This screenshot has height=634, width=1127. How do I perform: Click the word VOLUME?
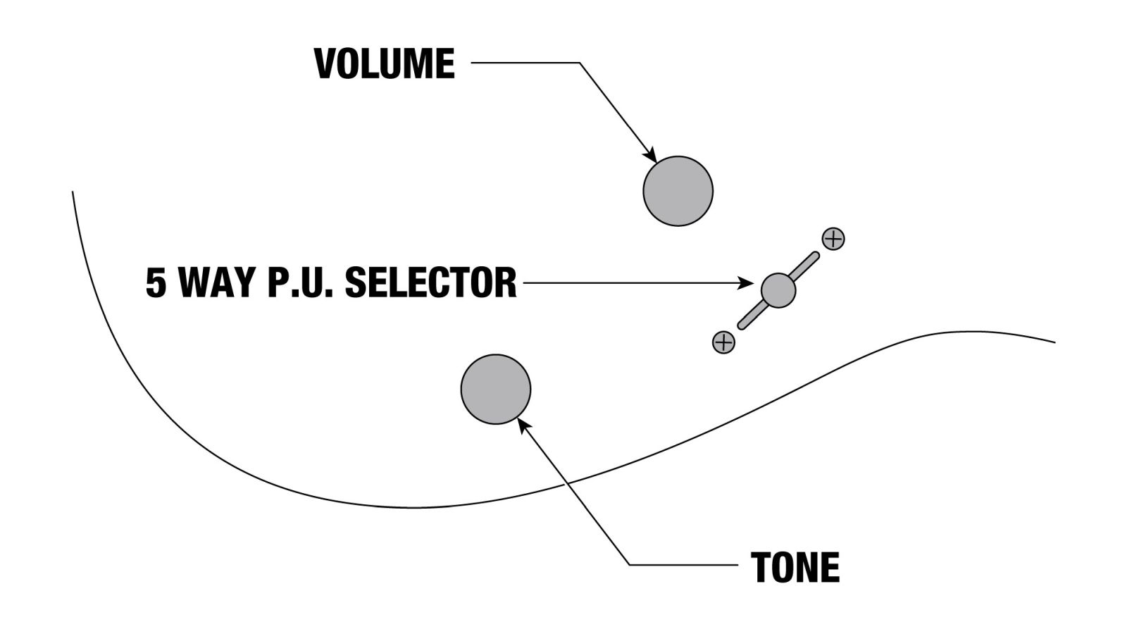385,63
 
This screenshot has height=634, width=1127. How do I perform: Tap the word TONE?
795,567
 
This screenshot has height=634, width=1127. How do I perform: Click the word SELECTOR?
430,282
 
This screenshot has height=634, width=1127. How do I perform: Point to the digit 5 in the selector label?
156,282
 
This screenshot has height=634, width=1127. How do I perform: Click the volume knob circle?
678,191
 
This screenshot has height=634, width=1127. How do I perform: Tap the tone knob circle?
495,389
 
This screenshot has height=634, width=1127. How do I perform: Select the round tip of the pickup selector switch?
778,290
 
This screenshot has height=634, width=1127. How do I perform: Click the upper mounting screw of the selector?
833,239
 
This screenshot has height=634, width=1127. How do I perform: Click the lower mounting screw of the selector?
723,342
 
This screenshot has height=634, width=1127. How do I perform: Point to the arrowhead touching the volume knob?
651,156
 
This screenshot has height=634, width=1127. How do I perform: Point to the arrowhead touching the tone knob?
523,423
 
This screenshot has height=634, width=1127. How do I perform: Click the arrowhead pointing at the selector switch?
747,283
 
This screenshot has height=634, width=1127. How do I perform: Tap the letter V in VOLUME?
325,63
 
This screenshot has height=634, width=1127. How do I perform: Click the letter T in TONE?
761,567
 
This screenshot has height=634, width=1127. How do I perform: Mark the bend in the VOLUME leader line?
579,63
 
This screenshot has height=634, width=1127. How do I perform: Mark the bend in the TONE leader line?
630,565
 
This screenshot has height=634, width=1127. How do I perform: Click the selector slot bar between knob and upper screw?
806,265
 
